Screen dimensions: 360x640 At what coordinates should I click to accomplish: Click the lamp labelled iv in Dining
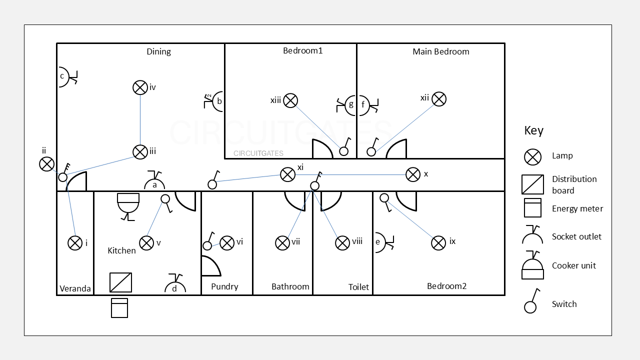(140, 87)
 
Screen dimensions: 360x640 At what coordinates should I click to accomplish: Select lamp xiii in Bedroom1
(290, 100)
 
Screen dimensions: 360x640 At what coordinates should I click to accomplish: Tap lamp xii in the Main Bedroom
(439, 99)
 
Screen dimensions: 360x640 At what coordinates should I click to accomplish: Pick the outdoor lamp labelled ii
(47, 163)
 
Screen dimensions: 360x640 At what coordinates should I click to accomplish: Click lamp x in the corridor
(412, 174)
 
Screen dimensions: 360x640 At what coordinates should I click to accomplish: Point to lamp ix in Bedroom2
(438, 243)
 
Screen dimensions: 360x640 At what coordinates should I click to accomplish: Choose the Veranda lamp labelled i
(75, 243)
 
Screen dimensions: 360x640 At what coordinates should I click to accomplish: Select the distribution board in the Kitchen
(120, 282)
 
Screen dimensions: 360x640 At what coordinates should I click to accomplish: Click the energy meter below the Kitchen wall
(119, 308)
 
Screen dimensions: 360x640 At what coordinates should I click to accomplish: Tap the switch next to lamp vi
(207, 245)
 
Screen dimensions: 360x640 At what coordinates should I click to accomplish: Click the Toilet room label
(358, 287)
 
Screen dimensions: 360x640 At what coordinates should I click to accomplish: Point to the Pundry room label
(224, 286)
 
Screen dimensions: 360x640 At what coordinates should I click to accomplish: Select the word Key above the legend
(533, 130)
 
